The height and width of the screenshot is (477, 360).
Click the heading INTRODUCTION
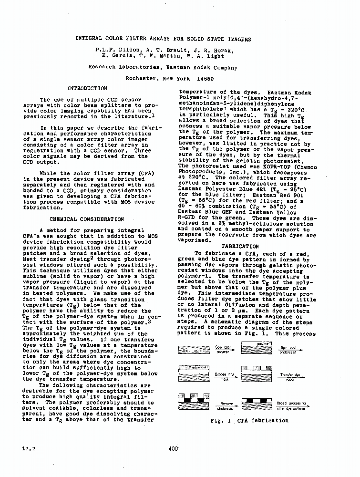pyautogui.click(x=87, y=88)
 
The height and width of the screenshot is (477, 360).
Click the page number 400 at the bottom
pyautogui.click(x=173, y=448)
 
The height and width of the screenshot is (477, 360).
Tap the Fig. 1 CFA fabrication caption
pyautogui.click(x=249, y=420)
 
